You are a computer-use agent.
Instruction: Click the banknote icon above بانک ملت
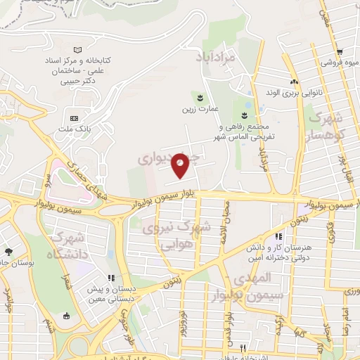click(75, 117)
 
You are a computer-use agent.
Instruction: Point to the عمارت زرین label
click(198, 108)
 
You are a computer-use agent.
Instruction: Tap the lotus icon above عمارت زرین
click(199, 96)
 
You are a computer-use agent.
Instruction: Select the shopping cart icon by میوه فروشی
click(340, 52)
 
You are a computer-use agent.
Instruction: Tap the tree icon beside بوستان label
click(8, 252)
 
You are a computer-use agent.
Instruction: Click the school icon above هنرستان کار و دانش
click(278, 238)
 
